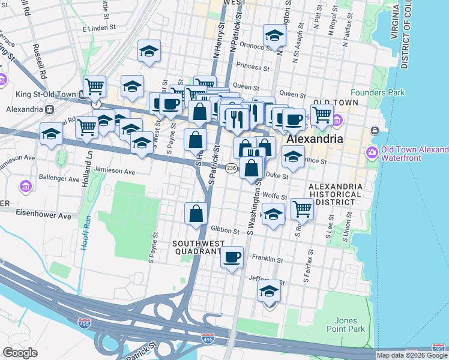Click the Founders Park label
[x=378, y=92]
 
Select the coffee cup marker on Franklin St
[x=232, y=257]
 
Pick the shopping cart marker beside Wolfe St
[x=302, y=209]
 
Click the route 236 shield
[x=231, y=169]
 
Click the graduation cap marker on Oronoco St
[x=274, y=36]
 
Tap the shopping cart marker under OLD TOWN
[x=322, y=115]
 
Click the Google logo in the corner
[x=20, y=353]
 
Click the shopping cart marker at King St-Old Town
[x=94, y=87]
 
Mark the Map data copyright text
[x=411, y=355]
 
